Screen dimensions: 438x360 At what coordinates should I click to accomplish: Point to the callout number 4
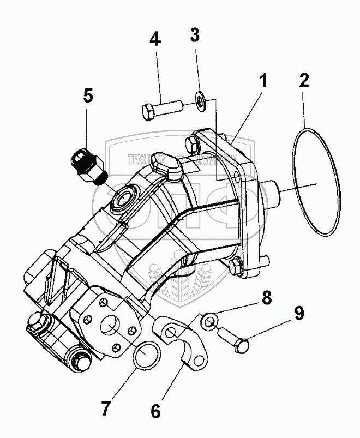click(155, 39)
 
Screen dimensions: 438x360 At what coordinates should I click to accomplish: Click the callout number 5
click(88, 95)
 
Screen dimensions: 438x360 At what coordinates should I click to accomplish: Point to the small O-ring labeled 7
click(147, 356)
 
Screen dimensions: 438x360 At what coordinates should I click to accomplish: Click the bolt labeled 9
click(235, 340)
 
